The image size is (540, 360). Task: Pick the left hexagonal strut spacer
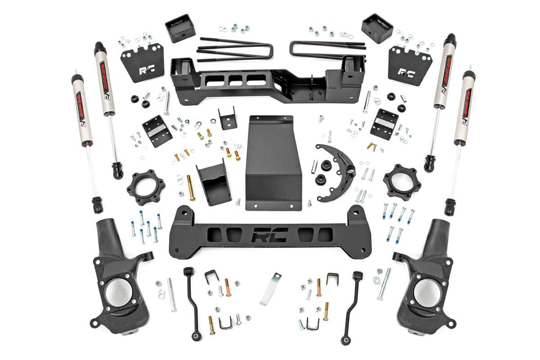pyautogui.click(x=146, y=183)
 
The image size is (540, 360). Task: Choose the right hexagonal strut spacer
pyautogui.click(x=402, y=182)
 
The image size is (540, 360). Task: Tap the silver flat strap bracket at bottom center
pyautogui.click(x=271, y=289)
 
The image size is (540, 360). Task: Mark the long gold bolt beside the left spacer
pyautogui.click(x=191, y=187)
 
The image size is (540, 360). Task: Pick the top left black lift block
pyautogui.click(x=180, y=28)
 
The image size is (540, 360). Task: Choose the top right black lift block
pyautogui.click(x=377, y=28)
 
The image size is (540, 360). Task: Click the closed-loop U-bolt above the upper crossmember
pyautogui.click(x=328, y=49)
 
